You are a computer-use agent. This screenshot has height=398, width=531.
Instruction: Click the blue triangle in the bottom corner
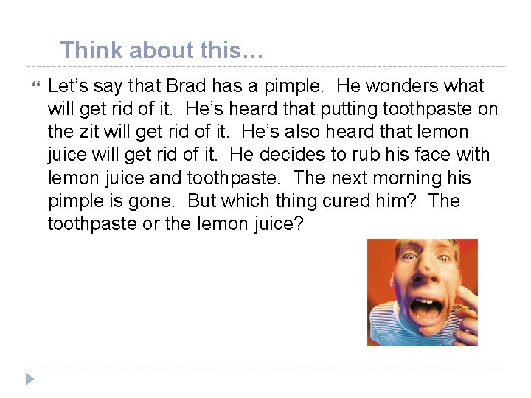click(x=29, y=379)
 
